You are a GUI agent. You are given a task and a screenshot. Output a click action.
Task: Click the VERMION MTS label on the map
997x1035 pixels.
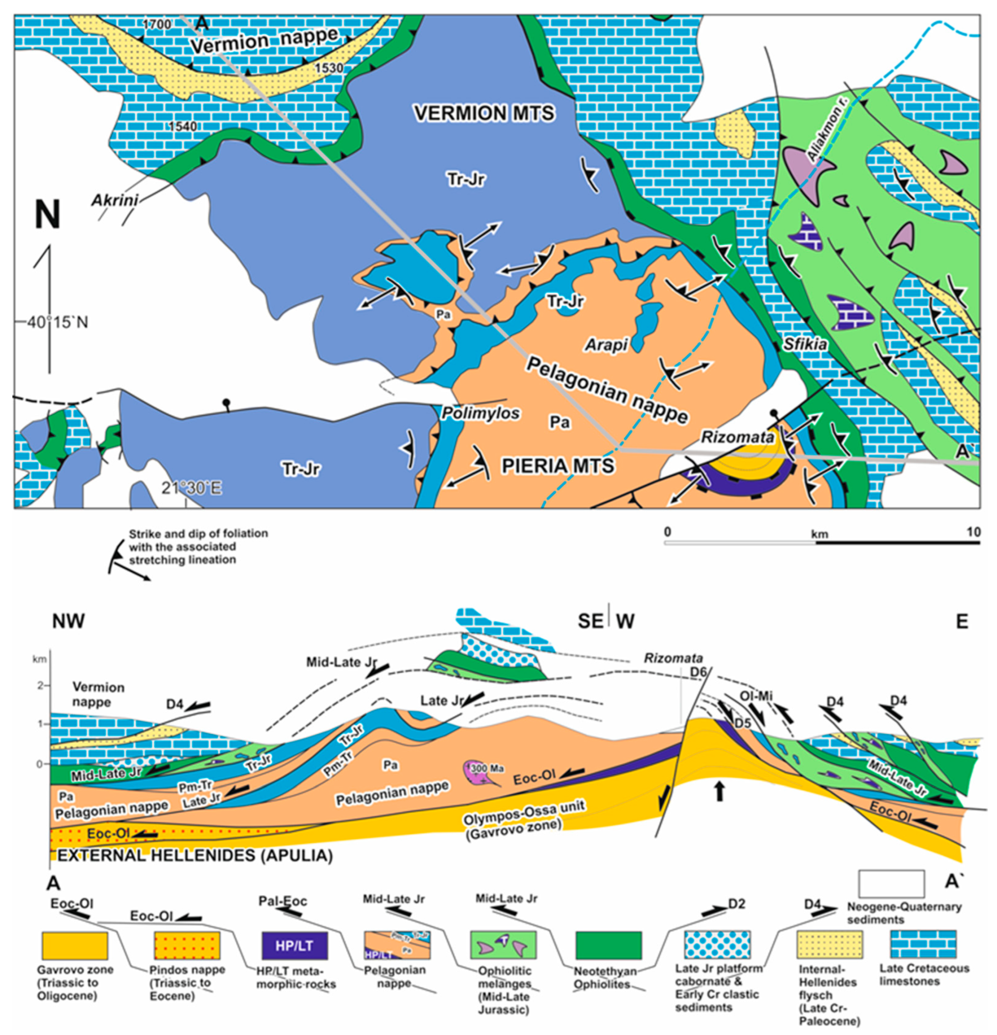(484, 113)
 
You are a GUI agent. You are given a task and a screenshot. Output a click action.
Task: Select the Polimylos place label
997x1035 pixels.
(480, 412)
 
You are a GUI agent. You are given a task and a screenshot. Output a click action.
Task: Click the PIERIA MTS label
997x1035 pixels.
(557, 466)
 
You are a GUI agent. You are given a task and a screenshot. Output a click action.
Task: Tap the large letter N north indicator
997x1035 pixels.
(47, 215)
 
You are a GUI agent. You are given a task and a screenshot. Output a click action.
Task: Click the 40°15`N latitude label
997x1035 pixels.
(57, 322)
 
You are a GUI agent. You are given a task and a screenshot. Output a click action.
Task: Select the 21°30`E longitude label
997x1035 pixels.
(192, 488)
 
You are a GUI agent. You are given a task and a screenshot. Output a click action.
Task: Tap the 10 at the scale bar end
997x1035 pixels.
(973, 532)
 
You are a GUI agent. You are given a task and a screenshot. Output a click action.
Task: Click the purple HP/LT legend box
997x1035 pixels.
(294, 945)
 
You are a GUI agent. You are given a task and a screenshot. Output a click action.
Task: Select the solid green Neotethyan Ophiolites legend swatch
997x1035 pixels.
(608, 945)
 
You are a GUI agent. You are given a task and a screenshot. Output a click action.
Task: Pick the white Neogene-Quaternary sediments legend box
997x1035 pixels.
(891, 884)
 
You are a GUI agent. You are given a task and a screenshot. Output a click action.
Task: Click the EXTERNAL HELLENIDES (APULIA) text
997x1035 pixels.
(195, 855)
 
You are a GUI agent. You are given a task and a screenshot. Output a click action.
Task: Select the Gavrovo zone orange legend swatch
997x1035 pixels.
(74, 945)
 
